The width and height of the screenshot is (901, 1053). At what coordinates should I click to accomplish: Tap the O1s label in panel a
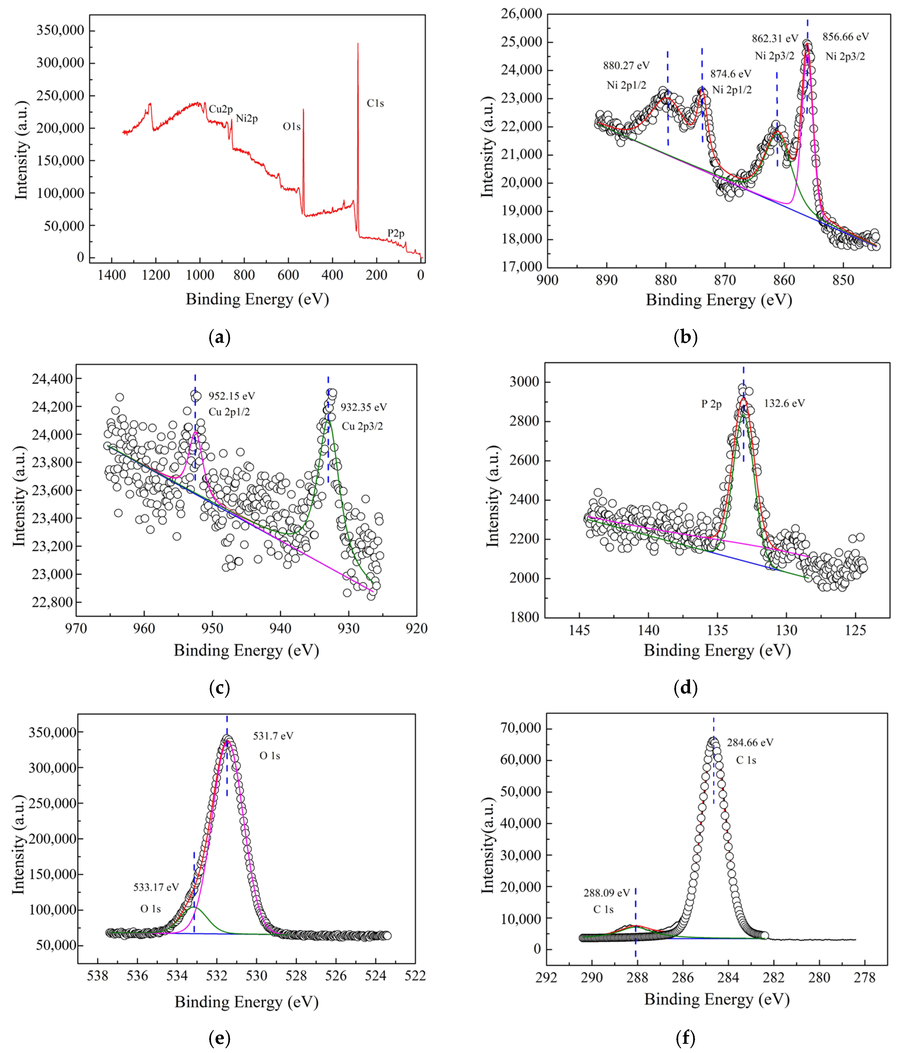coord(291,127)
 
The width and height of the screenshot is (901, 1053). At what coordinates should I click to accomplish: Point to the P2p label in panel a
coord(396,233)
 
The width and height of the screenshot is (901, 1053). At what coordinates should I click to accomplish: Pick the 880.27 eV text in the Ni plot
coord(626,66)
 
